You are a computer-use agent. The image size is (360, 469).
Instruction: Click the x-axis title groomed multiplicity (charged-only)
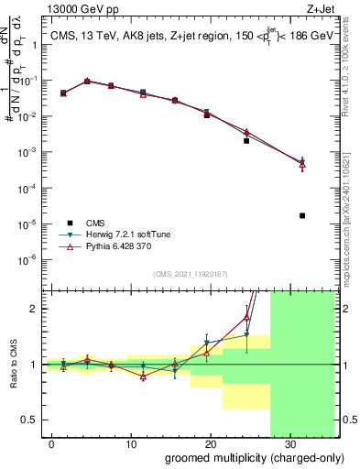point(241,457)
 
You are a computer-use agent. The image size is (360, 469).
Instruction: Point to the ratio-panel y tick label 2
point(36,309)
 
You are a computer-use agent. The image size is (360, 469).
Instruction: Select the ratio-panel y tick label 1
point(36,365)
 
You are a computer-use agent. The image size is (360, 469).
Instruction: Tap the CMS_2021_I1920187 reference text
point(189,273)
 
